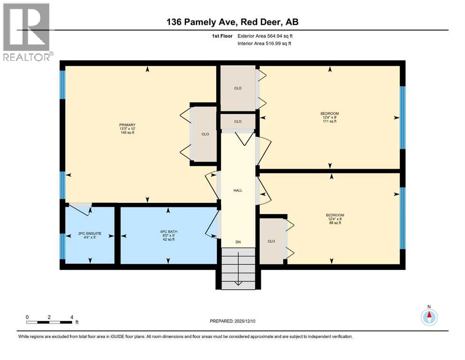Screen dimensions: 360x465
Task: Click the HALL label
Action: click(x=238, y=190)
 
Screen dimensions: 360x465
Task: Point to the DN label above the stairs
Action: click(x=238, y=242)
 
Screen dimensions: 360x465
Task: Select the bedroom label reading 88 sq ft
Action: click(x=335, y=219)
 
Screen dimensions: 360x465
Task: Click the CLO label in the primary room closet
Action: click(x=205, y=134)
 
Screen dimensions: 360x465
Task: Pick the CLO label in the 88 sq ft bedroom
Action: click(x=271, y=241)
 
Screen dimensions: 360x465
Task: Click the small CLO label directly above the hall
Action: click(x=238, y=121)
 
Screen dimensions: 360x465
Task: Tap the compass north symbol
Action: click(x=429, y=316)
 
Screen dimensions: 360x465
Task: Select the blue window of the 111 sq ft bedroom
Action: click(x=402, y=117)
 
